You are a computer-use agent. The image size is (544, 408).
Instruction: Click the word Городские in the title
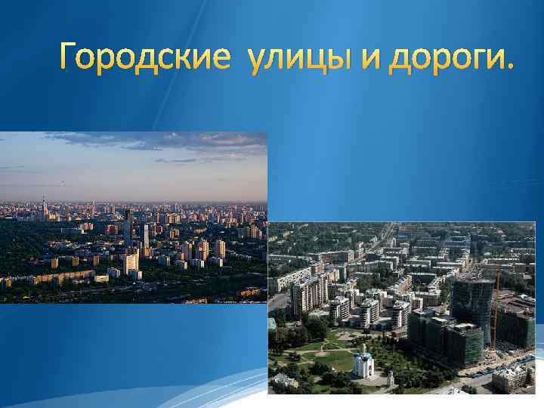144,57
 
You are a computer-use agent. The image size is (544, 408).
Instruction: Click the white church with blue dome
363,364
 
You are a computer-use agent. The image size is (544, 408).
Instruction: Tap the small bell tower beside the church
389,378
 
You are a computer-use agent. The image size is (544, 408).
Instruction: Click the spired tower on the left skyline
43,208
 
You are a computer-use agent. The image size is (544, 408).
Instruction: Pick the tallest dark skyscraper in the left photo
128,227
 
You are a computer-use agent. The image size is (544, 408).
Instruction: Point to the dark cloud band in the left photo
151,140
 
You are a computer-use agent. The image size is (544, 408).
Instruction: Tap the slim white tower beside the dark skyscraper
145,236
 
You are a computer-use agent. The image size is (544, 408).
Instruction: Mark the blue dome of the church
363,352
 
